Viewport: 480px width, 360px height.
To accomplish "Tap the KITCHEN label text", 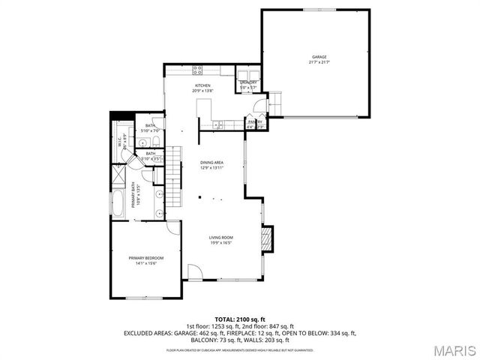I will (202, 85).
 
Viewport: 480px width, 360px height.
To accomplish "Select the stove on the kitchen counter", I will (198, 70).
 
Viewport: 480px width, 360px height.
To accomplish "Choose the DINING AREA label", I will (211, 163).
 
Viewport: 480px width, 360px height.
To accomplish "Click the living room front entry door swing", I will (193, 271).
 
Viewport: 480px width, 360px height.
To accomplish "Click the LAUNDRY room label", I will (248, 82).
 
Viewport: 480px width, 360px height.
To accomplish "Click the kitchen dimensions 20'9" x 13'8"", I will (202, 91).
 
